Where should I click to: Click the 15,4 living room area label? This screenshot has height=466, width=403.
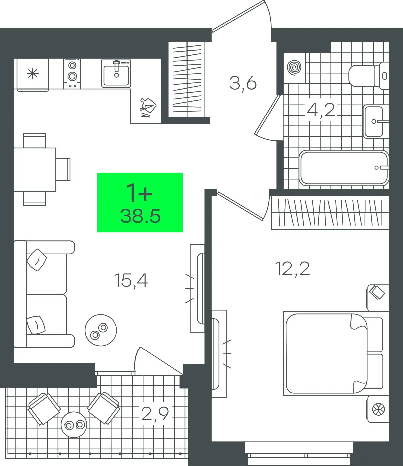[x=131, y=281]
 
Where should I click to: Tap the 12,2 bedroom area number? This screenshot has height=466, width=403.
[x=293, y=269]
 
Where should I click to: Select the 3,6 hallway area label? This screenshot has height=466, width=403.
[x=243, y=84]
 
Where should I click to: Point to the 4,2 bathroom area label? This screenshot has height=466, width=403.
[x=321, y=111]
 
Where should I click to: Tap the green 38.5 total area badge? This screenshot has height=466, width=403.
[x=140, y=202]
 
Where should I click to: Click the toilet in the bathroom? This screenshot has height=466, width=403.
[x=368, y=76]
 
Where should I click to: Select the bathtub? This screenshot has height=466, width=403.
[x=344, y=168]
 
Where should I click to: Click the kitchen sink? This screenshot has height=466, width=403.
[x=116, y=73]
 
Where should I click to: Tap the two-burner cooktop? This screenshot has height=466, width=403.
[x=72, y=74]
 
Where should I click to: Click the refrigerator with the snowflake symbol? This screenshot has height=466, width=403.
[x=33, y=75]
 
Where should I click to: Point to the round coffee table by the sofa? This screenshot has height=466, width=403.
[x=101, y=330]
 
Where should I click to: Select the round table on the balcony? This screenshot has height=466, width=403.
[x=74, y=425]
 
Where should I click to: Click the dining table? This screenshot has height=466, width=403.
[x=35, y=170]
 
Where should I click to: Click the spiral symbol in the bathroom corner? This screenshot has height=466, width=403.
[x=294, y=67]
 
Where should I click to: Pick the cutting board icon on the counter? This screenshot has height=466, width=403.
[x=148, y=107]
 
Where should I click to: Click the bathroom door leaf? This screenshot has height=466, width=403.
[x=267, y=115]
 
